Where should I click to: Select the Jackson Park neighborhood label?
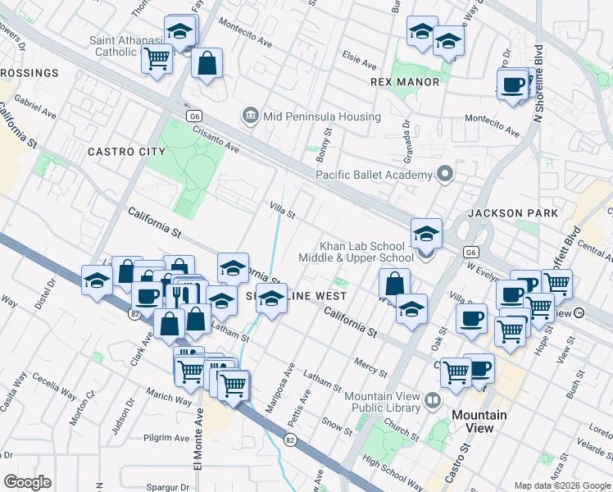tap(513, 213)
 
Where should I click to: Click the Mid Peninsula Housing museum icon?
tap(251, 116)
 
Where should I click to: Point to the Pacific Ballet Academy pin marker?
tap(445, 175)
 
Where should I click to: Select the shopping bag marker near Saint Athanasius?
tap(207, 63)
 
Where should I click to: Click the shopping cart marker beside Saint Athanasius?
tap(157, 58)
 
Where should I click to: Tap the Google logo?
tap(27, 482)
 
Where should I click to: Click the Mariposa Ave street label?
tap(288, 380)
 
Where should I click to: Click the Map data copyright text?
tap(561, 485)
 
